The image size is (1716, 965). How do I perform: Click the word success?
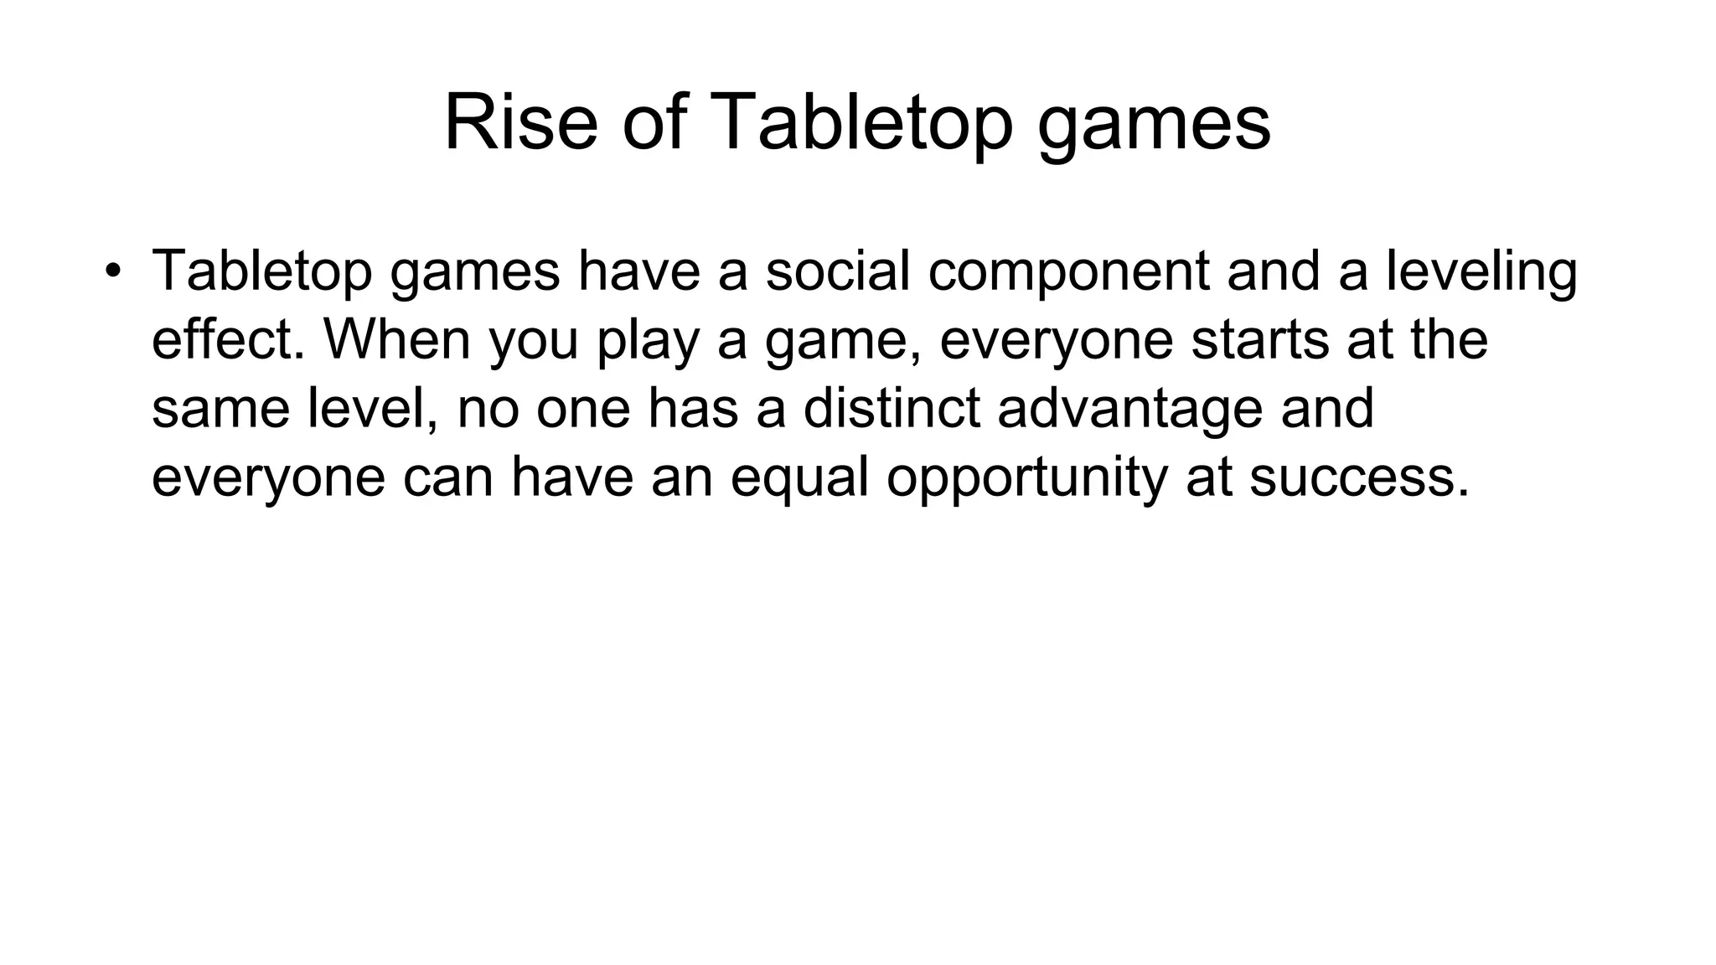coord(1358,478)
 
